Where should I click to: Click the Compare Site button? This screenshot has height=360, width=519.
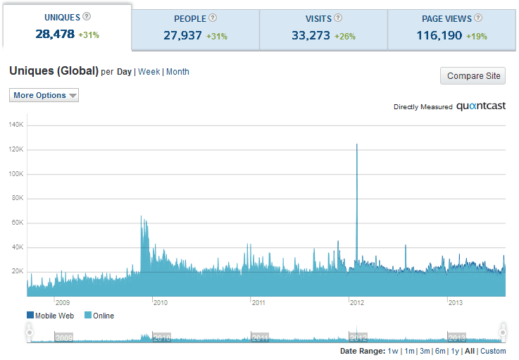click(x=473, y=76)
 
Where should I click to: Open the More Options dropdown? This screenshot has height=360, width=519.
click(x=44, y=95)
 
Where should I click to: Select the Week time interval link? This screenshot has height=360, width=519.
click(x=149, y=72)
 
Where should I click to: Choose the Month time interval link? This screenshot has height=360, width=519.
click(x=177, y=72)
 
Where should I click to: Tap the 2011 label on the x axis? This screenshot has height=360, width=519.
click(x=258, y=302)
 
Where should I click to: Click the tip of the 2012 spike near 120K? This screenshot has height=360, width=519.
click(x=357, y=144)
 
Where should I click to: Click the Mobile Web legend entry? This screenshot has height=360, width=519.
click(x=50, y=316)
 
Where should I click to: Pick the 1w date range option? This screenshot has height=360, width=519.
click(x=393, y=351)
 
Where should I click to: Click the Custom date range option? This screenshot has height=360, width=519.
click(x=493, y=351)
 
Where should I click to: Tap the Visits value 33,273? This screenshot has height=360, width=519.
click(x=311, y=35)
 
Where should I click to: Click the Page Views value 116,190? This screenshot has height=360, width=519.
click(x=439, y=35)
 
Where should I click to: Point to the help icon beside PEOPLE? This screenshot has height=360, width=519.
click(x=213, y=18)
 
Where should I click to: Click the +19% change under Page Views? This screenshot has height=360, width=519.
click(x=477, y=36)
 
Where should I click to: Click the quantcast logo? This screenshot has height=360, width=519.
click(x=481, y=106)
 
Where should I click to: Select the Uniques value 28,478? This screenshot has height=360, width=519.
click(x=55, y=34)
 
